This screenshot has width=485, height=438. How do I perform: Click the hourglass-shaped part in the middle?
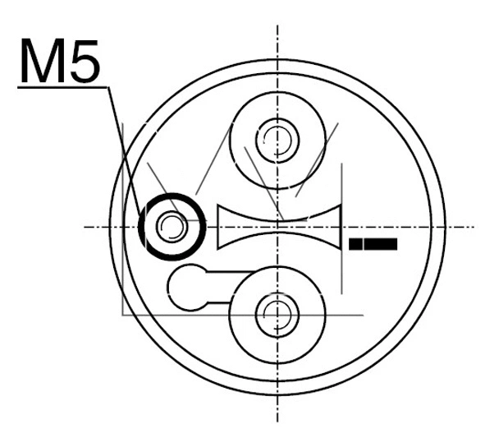point(279,227)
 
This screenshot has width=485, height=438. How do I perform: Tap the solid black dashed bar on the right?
point(373,244)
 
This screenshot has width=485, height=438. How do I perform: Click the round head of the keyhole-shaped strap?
point(187,287)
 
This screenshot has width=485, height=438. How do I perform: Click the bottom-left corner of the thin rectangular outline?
point(122,315)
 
